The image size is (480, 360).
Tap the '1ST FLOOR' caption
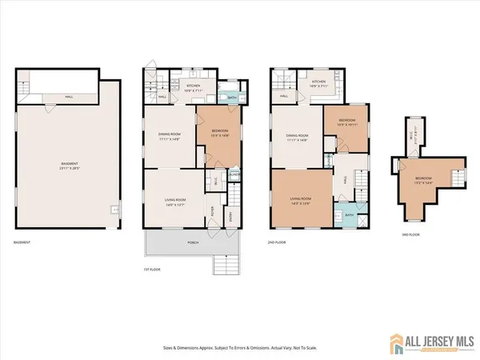pyautogui.click(x=152, y=270)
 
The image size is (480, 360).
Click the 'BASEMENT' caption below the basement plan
pyautogui.click(x=24, y=242)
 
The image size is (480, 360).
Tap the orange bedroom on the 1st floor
pyautogui.click(x=218, y=136)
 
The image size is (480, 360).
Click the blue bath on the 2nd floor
pyautogui.click(x=350, y=214)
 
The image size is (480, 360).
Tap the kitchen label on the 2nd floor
pyautogui.click(x=319, y=82)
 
